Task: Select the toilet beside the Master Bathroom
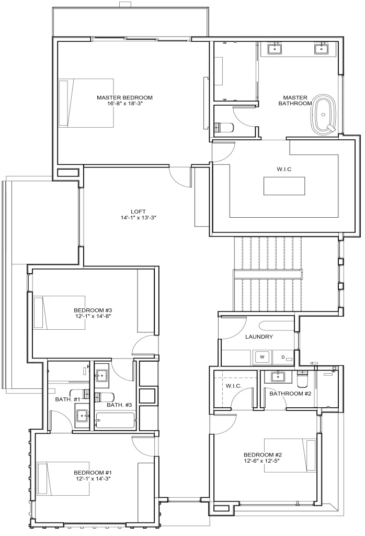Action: point(224,128)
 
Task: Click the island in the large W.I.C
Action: point(284,186)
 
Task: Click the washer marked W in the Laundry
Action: point(262,357)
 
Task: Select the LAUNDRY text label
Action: point(259,337)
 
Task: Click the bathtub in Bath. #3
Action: point(115,420)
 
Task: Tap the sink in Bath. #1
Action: point(82,418)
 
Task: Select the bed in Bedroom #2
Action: point(290,456)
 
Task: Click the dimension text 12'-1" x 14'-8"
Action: point(94,316)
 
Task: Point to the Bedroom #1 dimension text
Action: point(93,478)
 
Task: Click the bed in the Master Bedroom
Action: point(86,103)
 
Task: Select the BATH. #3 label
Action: point(119,405)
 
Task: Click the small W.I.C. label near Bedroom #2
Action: point(234,386)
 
